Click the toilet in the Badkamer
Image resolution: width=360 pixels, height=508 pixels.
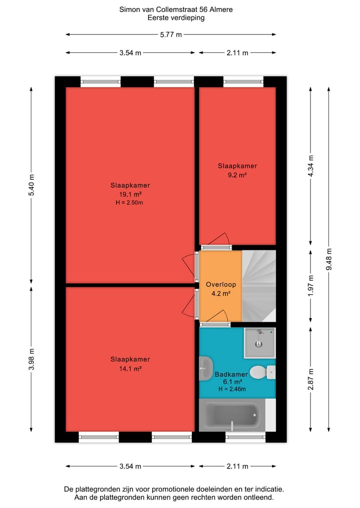[x=262, y=372]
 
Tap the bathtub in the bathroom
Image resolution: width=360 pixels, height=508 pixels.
[x=232, y=415]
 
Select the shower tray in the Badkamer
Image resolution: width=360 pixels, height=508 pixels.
[x=260, y=343]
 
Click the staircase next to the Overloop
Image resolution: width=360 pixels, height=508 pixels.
[x=259, y=286]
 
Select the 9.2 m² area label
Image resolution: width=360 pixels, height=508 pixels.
[x=237, y=175]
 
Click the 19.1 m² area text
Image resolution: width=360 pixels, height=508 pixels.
[x=130, y=194]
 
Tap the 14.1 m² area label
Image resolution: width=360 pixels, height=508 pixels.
[x=130, y=368]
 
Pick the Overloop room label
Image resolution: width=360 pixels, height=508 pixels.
[x=221, y=284]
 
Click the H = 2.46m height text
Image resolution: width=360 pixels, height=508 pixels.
[x=232, y=389]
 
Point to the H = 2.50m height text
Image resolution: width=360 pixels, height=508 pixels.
[x=129, y=203]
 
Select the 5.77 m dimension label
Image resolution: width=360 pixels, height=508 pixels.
[x=171, y=34]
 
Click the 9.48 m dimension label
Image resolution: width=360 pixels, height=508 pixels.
[x=329, y=259]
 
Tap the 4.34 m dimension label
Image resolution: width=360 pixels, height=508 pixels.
[x=310, y=166]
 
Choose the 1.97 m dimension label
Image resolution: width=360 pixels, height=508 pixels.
[x=310, y=285]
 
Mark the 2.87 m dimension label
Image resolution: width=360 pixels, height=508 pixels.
[x=310, y=380]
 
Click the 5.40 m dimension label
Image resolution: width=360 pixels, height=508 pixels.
[x=31, y=185]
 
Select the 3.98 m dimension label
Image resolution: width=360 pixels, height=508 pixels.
[x=31, y=359]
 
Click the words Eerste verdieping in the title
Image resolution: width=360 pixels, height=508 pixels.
[x=176, y=18]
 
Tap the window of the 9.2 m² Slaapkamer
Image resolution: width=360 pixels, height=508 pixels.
[x=243, y=81]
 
